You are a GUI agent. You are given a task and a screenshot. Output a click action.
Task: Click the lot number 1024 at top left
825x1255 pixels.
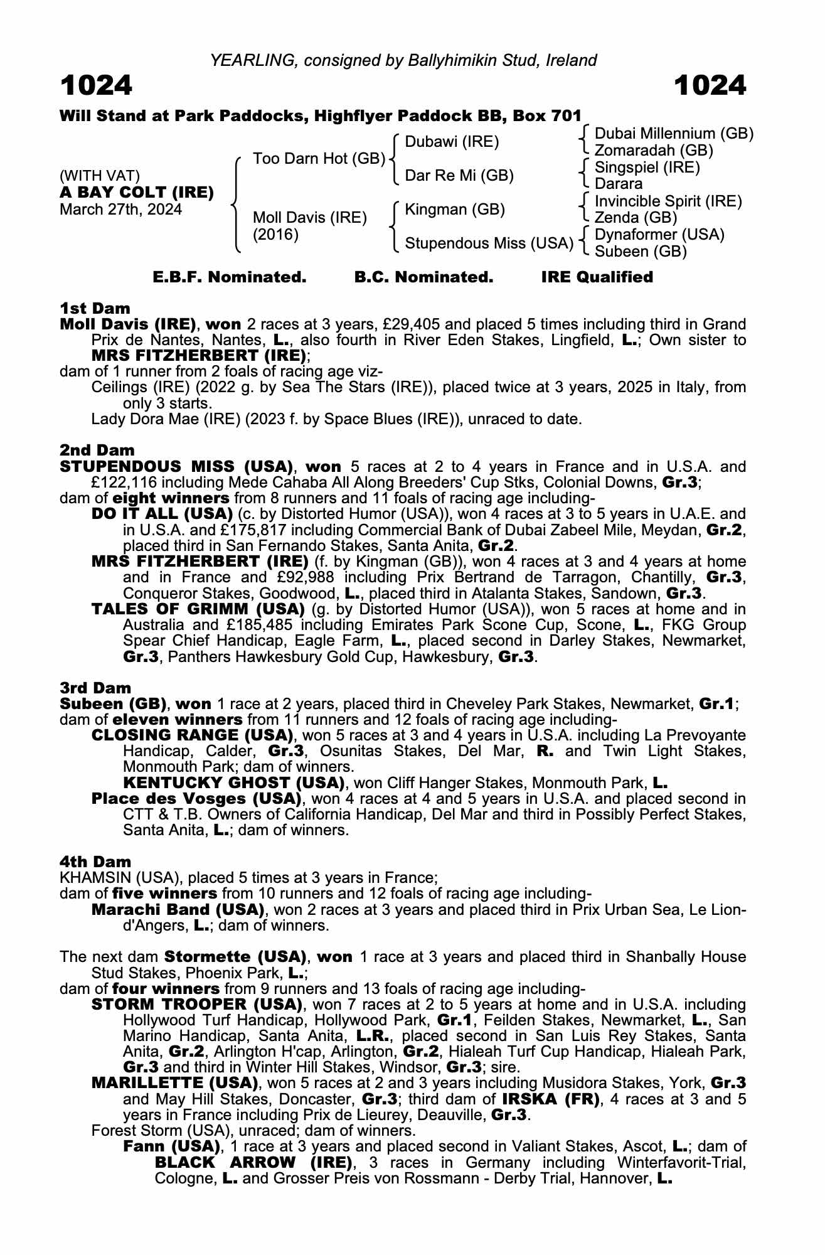(x=96, y=85)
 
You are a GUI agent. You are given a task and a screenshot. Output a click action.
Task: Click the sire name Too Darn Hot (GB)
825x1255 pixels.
(x=319, y=159)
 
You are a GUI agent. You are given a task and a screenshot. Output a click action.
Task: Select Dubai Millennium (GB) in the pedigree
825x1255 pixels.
(x=674, y=134)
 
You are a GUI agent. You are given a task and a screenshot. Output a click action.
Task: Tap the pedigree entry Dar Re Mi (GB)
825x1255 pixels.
(x=459, y=176)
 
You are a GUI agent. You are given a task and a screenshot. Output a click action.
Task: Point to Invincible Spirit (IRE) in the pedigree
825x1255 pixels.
(x=668, y=201)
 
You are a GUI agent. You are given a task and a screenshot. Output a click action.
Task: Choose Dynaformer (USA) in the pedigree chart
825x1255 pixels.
(x=659, y=235)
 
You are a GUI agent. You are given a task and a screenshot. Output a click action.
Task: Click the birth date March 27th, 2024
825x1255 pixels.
(x=120, y=210)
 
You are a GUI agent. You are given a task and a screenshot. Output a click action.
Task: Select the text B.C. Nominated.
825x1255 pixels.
(x=423, y=277)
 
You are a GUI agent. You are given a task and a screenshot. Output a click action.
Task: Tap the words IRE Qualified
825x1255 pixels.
(x=597, y=277)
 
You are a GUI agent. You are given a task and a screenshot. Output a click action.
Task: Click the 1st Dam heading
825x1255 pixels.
(x=95, y=308)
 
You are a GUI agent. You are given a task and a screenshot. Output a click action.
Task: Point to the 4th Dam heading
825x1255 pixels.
(x=95, y=862)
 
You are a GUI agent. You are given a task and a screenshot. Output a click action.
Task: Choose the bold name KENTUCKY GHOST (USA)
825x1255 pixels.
(x=234, y=782)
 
